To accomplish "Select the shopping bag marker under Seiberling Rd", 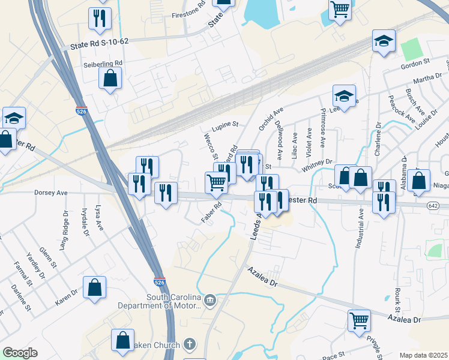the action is pyautogui.click(x=110, y=78).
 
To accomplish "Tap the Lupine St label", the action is pyautogui.click(x=225, y=125).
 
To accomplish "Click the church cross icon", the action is pyautogui.click(x=189, y=344).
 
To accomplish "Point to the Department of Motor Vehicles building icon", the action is pyautogui.click(x=209, y=300).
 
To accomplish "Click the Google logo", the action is pyautogui.click(x=20, y=353).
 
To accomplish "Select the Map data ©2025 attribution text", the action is pyautogui.click(x=423, y=355).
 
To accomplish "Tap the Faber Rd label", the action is pyautogui.click(x=212, y=213).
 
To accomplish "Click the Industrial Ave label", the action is pyautogui.click(x=361, y=221).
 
